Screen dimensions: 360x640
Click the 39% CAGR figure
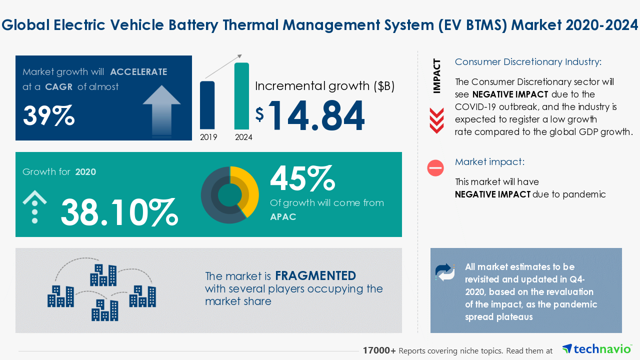49,116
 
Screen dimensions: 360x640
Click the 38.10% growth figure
119,211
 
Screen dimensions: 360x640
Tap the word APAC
283,216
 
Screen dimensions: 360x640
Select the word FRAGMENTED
315,275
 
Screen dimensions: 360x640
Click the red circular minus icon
435,167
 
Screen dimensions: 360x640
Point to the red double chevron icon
436,120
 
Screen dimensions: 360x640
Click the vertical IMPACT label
437,76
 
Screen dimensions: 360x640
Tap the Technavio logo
596,348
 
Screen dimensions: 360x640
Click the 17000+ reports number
379,351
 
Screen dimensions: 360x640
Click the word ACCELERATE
138,71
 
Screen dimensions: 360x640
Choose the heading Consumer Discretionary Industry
528,62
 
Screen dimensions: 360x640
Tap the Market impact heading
489,162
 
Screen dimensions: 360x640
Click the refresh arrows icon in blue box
445,272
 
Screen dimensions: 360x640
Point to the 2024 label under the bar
243,137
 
